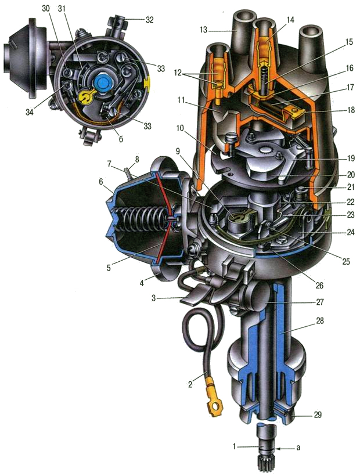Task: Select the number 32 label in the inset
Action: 150,20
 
